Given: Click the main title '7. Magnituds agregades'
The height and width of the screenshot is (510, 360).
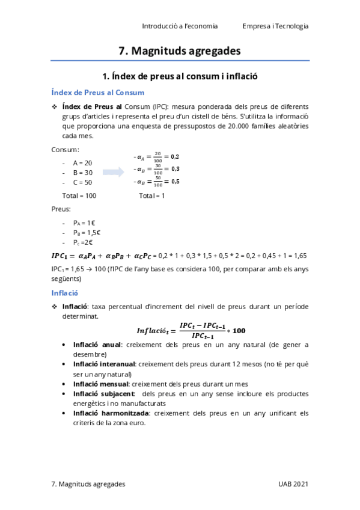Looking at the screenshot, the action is coord(180,51).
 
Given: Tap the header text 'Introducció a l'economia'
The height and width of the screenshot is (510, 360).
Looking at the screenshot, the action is coord(180,26).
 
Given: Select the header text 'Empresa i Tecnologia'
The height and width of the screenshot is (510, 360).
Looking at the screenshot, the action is coord(276,26).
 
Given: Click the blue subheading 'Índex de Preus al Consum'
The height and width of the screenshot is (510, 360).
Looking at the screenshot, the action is coord(97,92).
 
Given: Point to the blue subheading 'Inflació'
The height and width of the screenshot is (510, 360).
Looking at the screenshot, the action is coord(65,293).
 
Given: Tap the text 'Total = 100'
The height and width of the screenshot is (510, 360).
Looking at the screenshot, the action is coord(79,195).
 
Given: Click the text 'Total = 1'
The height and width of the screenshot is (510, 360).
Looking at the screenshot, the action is coord(151,195).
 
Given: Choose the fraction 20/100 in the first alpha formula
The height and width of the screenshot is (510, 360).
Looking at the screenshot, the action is coord(157,156).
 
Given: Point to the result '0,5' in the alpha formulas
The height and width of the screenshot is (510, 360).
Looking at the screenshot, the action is coord(175,181).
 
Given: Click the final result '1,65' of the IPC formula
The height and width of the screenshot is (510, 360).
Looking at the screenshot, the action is coord(301,256).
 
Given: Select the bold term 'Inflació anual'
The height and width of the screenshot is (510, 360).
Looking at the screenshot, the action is coord(97,345).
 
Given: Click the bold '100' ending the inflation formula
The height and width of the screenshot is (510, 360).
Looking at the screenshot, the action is coord(239,331).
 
